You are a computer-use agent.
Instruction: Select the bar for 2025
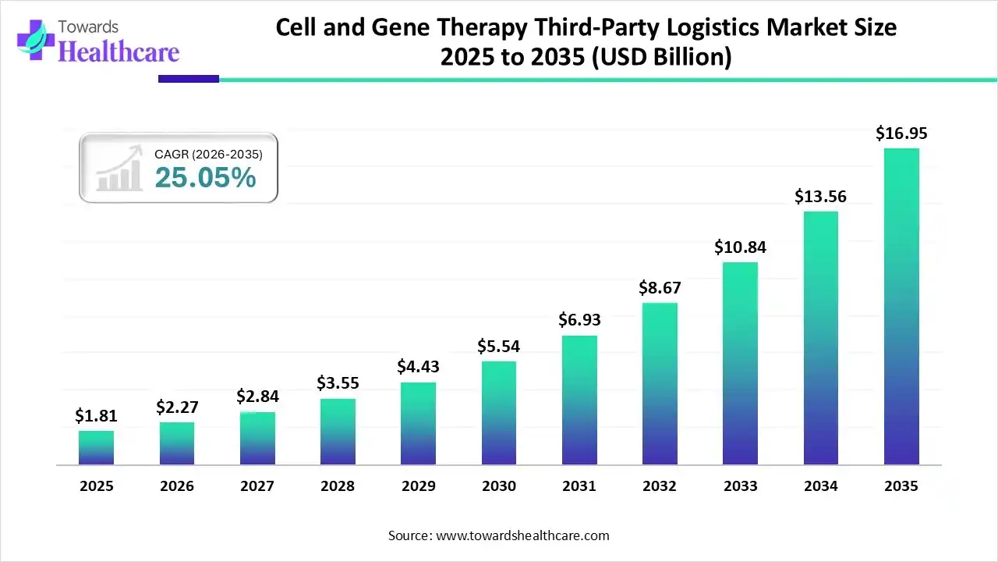(x=96, y=447)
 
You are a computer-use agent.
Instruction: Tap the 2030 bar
(x=498, y=413)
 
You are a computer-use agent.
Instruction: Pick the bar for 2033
(x=740, y=363)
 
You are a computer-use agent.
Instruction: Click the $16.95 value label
(x=901, y=133)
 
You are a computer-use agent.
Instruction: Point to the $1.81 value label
(x=96, y=416)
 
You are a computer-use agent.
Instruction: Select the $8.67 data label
(x=659, y=287)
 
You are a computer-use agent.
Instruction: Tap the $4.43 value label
(x=418, y=366)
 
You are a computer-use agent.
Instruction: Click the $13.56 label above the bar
(x=820, y=197)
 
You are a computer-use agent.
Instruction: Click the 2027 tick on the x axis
(x=257, y=486)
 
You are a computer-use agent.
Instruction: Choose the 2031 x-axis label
(x=579, y=486)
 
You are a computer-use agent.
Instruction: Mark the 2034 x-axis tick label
(x=820, y=486)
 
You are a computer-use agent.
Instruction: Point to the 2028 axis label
(x=337, y=486)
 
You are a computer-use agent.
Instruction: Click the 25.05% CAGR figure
(x=205, y=178)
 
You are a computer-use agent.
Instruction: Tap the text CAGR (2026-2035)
(x=208, y=155)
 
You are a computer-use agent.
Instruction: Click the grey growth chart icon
(x=119, y=169)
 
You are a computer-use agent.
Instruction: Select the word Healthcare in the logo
(x=119, y=52)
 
